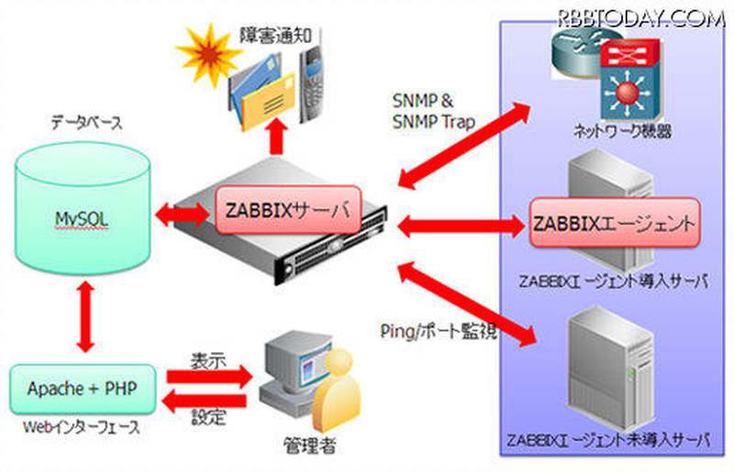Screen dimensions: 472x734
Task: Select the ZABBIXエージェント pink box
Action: click(x=609, y=223)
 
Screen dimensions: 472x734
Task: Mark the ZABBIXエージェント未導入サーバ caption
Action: click(x=607, y=440)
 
